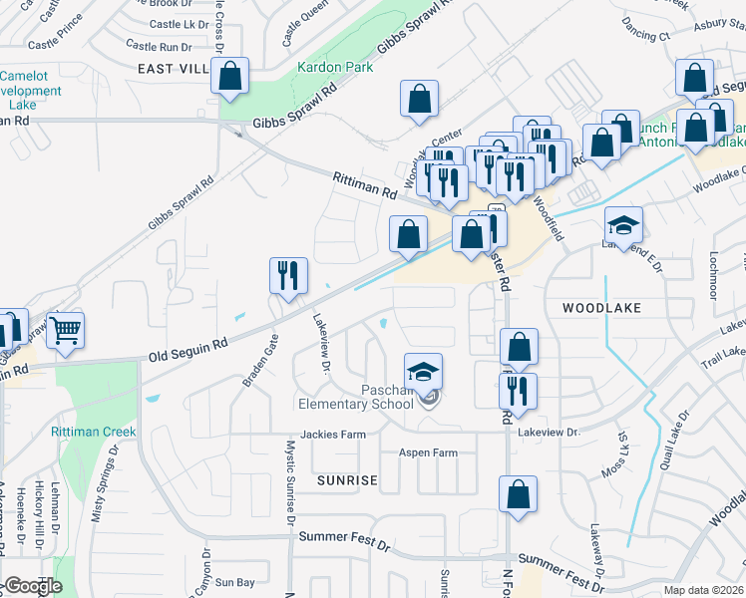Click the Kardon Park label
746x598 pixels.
(335, 68)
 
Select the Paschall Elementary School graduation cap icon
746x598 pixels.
(424, 372)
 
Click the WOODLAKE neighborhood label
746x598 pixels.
(600, 308)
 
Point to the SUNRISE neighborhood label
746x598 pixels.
(347, 480)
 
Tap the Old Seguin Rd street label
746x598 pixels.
(188, 348)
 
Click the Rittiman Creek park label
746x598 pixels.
(94, 432)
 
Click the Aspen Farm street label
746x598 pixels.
(428, 452)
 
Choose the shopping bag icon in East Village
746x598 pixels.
(230, 76)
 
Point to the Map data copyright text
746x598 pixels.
(703, 590)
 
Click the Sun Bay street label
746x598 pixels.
(235, 581)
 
